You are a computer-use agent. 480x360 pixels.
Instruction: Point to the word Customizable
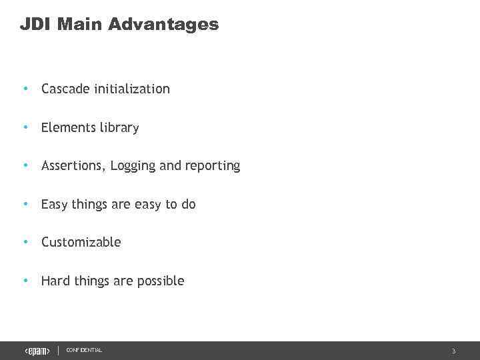pos(81,242)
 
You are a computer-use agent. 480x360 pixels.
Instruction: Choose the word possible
pos(161,281)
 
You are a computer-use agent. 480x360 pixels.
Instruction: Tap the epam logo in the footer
pos(37,351)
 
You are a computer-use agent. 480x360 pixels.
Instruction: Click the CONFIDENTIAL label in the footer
pos(84,350)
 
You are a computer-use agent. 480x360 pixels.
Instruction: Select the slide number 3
pos(453,351)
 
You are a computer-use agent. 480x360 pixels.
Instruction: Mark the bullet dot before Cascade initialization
pos(25,89)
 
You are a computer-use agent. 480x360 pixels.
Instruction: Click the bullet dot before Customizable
pos(25,242)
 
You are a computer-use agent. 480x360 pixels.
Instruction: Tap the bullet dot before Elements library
pos(25,127)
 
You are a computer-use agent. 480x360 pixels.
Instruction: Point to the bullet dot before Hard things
pos(25,281)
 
